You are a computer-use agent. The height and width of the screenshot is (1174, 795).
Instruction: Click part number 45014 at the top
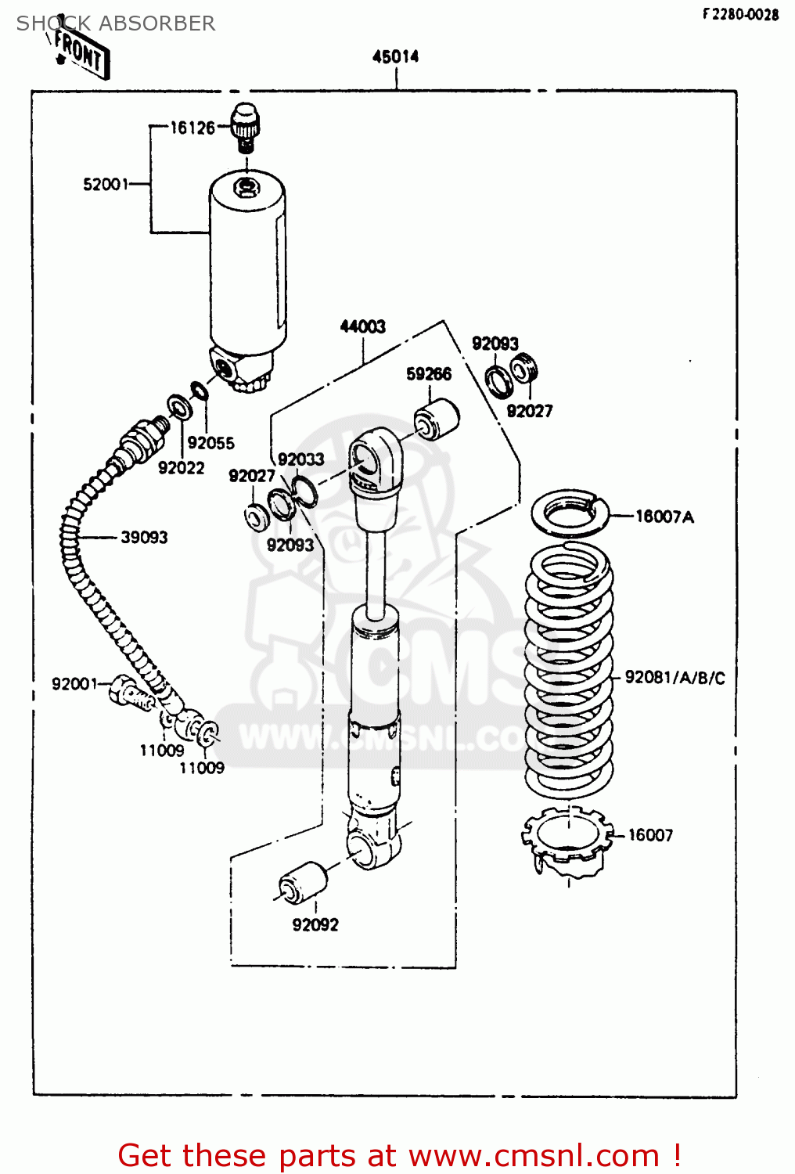click(x=395, y=56)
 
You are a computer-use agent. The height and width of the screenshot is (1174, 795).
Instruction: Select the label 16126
click(x=192, y=128)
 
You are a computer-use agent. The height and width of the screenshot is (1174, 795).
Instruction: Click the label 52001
click(x=106, y=185)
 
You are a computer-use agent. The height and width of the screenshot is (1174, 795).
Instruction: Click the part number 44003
click(x=362, y=326)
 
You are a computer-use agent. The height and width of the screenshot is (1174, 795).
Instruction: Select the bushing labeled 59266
click(x=437, y=419)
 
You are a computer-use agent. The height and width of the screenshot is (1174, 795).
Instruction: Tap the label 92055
click(x=210, y=443)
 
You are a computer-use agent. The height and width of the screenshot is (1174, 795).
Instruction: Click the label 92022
click(x=181, y=468)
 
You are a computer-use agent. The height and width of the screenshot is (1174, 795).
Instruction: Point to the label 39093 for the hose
click(x=144, y=538)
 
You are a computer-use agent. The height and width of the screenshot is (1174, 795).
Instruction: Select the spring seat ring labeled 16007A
click(x=570, y=513)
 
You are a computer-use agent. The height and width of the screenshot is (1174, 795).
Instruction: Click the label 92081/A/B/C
click(x=674, y=678)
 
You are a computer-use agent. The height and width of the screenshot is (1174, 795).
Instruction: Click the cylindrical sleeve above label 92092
click(x=304, y=883)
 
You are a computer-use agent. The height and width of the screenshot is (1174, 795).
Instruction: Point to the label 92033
click(x=300, y=459)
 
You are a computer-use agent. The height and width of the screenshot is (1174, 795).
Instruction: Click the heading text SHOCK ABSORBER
click(x=116, y=23)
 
